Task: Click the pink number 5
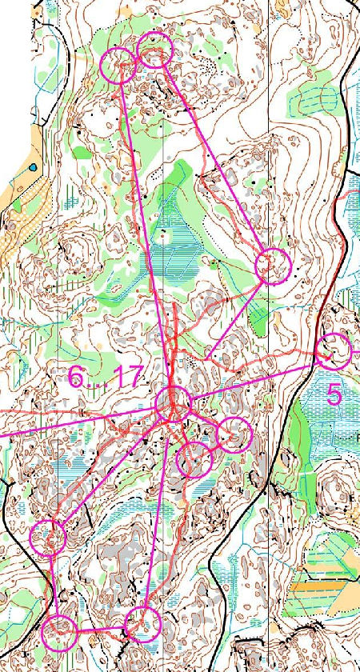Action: pyautogui.click(x=334, y=394)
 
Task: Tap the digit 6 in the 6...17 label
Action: pyautogui.click(x=74, y=378)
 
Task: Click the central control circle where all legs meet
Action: pyautogui.click(x=172, y=403)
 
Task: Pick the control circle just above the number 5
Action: pyautogui.click(x=334, y=352)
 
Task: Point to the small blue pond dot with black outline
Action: pyautogui.click(x=33, y=167)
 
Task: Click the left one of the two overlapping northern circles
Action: pyautogui.click(x=119, y=65)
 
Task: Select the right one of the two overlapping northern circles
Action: pyautogui.click(x=155, y=50)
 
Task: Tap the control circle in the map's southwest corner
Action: pyautogui.click(x=60, y=633)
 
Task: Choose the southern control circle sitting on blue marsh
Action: pyautogui.click(x=143, y=623)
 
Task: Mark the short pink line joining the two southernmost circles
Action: pyautogui.click(x=102, y=630)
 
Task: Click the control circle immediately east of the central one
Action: pyautogui.click(x=234, y=434)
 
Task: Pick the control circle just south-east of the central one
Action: pyautogui.click(x=194, y=460)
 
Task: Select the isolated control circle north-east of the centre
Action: pyautogui.click(x=273, y=266)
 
